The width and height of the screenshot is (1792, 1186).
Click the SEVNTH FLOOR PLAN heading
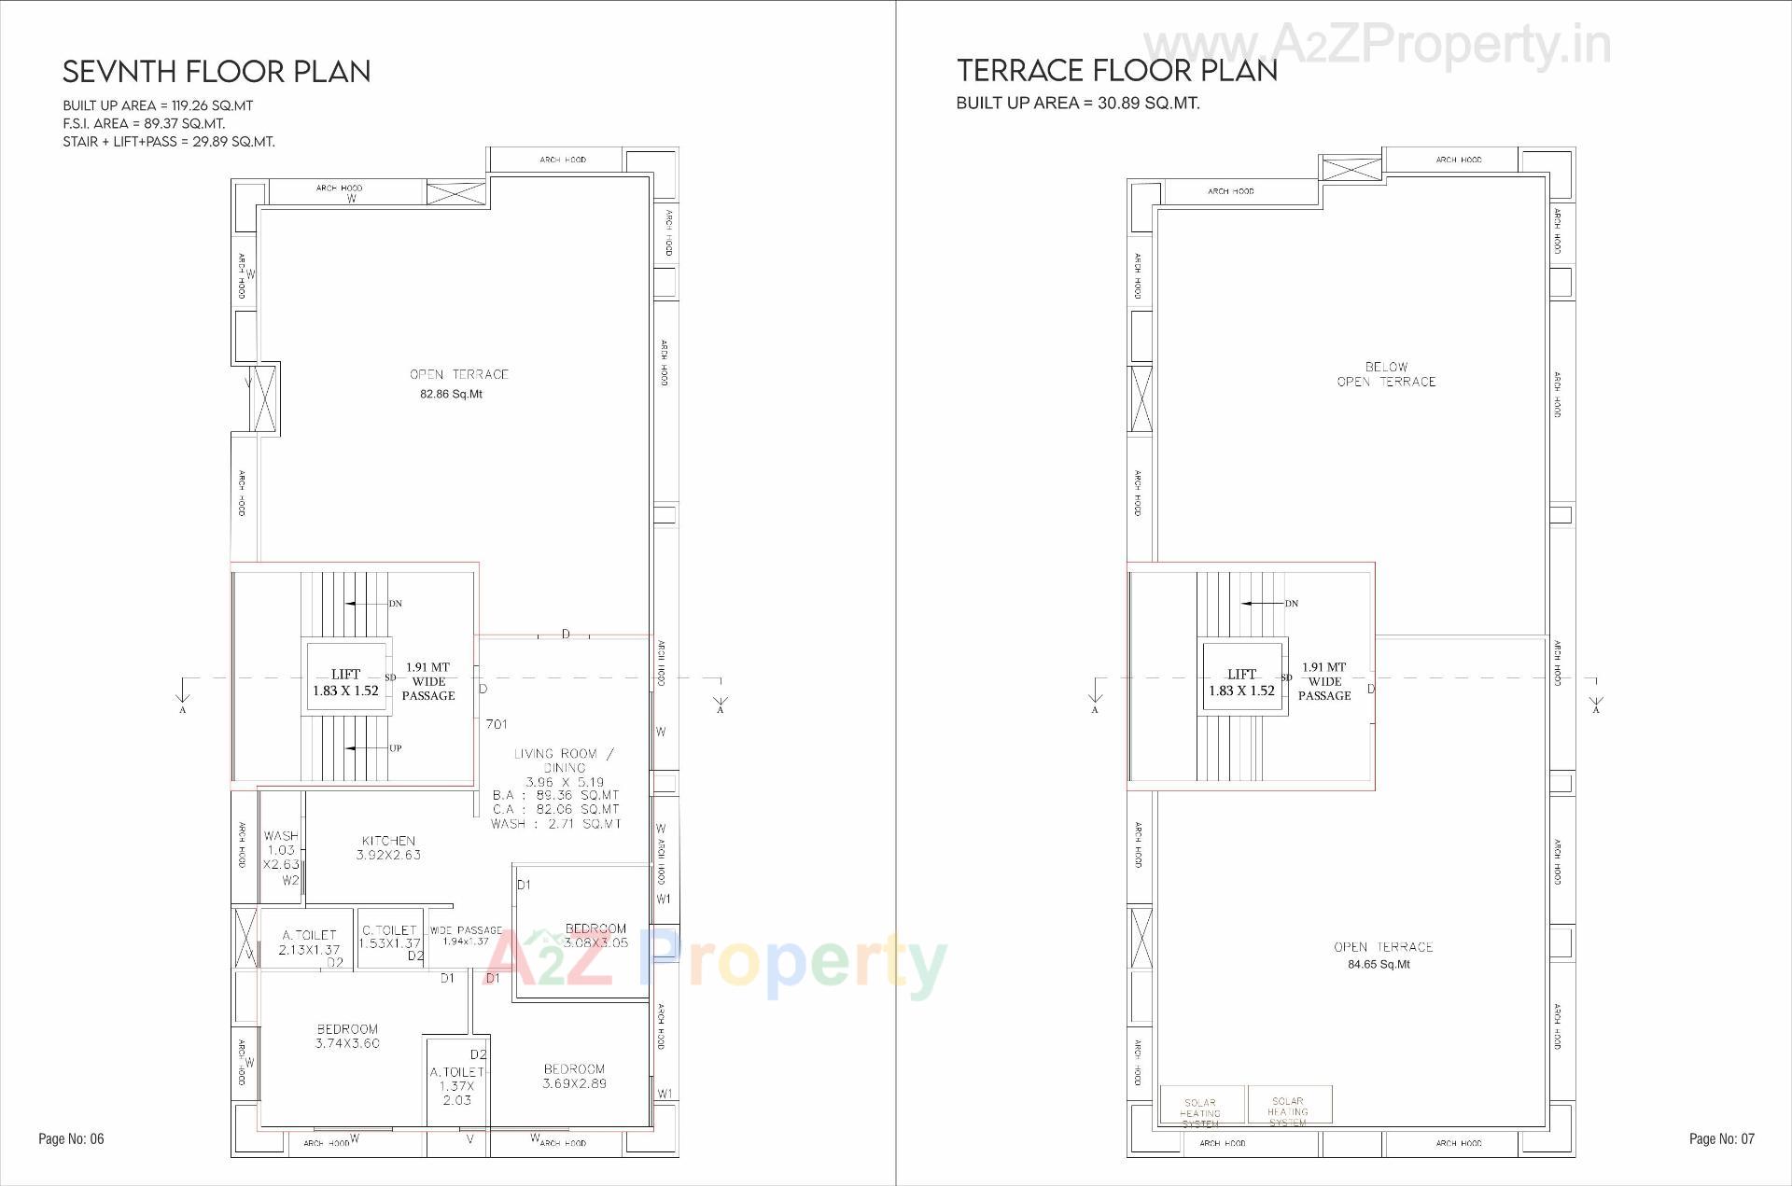pos(217,72)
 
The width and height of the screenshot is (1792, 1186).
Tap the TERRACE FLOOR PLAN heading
pos(1116,70)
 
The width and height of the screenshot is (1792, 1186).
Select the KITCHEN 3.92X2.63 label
pos(388,847)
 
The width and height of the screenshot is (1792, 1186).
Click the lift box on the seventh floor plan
pos(345,682)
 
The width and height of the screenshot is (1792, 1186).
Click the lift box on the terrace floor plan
pos(1241,682)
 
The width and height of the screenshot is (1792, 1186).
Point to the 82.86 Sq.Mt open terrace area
pos(451,394)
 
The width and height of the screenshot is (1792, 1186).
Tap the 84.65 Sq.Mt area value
pos(1379,964)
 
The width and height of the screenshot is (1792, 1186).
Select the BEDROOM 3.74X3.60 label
pos(347,1036)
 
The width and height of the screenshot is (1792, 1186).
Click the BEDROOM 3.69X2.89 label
pos(574,1076)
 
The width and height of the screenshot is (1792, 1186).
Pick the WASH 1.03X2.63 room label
pos(281,850)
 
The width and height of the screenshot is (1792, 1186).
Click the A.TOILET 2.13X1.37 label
pos(309,942)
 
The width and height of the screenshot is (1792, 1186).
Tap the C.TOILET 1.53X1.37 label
pos(390,937)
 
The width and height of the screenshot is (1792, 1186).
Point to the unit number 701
pos(497,724)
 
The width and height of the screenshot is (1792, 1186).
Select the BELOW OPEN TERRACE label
pos(1386,374)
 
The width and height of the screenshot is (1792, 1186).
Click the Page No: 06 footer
pos(71,1138)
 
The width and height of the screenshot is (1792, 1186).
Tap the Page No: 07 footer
pos(1721,1138)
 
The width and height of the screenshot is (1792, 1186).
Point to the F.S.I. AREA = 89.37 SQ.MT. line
pos(144,123)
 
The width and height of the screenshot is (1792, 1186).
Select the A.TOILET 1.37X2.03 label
pos(457,1086)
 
